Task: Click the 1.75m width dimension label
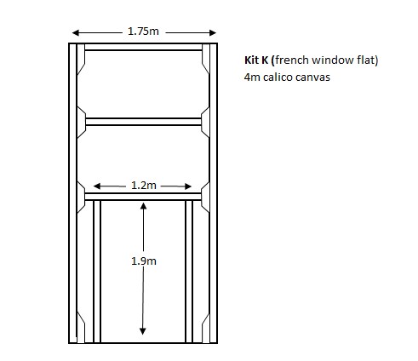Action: click(x=143, y=32)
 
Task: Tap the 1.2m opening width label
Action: click(x=144, y=185)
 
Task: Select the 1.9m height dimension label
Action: click(x=144, y=261)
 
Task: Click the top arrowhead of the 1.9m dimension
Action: click(x=144, y=205)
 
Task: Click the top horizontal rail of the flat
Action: click(x=143, y=47)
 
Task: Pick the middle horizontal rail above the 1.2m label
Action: click(x=143, y=122)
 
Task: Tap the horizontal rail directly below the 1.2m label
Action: click(x=143, y=197)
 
